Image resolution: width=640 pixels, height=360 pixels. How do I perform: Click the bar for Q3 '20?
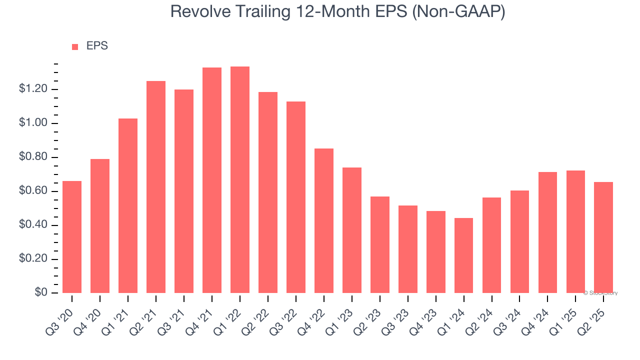pos(72,237)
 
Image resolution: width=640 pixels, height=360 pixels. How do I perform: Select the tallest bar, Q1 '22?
pos(240,179)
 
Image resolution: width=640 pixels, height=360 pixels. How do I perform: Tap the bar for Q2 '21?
pos(156,187)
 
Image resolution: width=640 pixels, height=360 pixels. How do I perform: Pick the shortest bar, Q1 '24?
pos(463,255)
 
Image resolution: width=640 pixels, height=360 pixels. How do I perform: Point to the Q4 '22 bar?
pos(324,221)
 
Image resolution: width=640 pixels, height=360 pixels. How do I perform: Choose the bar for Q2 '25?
pos(603,237)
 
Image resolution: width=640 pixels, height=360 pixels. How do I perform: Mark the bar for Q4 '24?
pos(547,232)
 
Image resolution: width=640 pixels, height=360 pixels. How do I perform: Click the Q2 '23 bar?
pos(380,245)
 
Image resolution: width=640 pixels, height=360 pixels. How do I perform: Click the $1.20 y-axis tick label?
pos(33,88)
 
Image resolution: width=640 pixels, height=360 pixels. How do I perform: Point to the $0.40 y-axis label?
pos(33,224)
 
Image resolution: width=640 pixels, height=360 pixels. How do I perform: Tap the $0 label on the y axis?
pos(41,292)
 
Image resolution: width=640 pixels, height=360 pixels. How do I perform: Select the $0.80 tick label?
pos(33,156)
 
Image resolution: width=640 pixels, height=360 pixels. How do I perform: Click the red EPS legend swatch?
pos(75,47)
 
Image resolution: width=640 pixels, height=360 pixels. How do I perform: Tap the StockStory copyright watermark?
pos(600,293)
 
